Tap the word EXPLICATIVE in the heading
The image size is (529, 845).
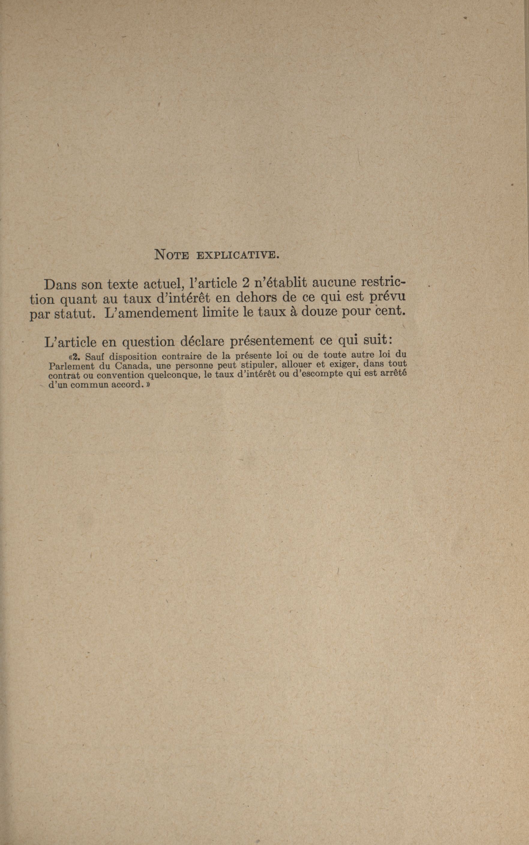[238, 255]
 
